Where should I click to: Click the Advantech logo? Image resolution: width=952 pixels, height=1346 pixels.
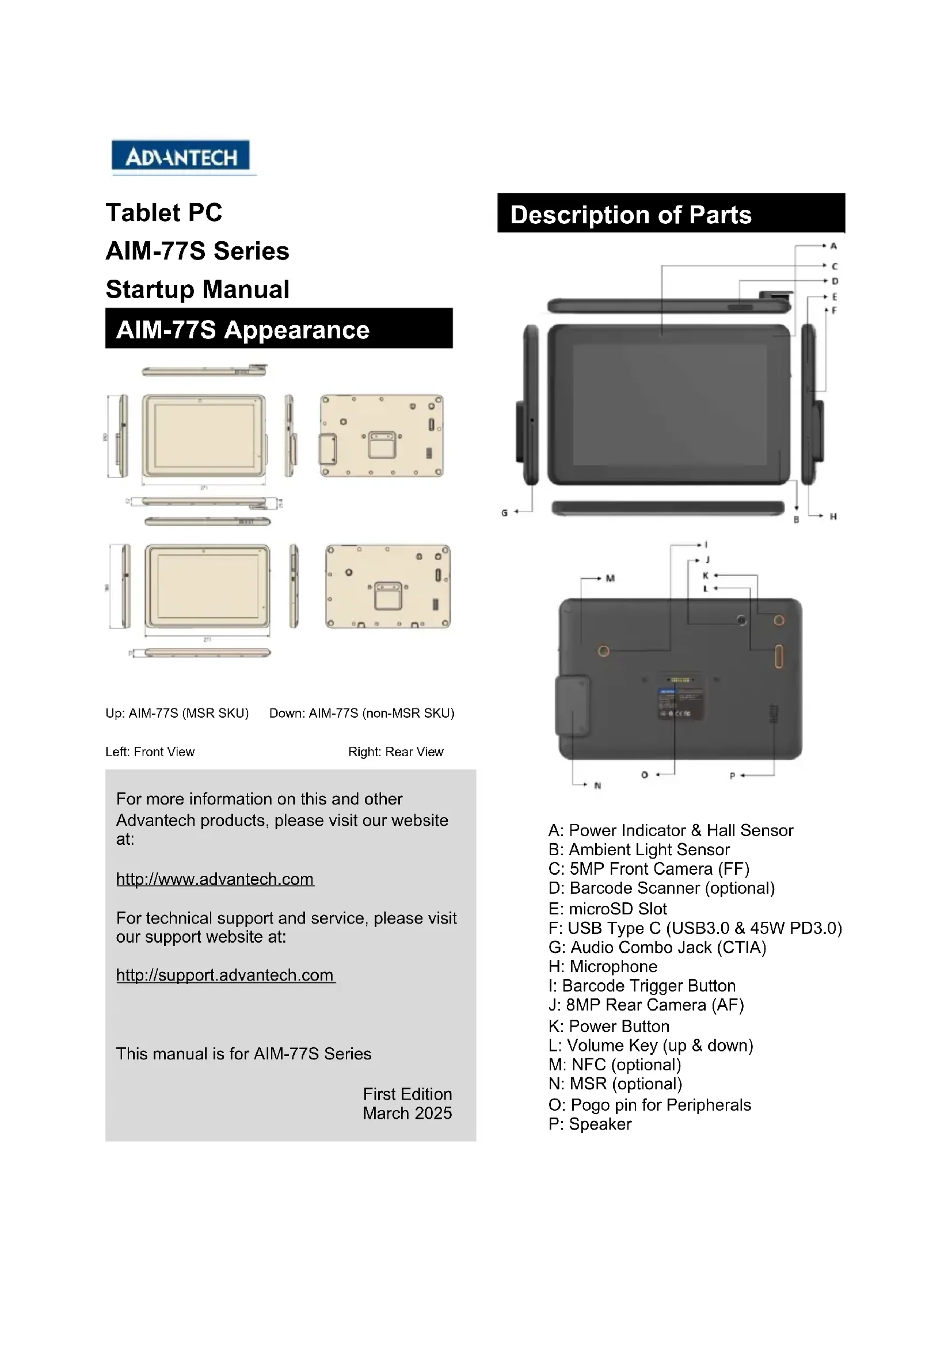coord(181,157)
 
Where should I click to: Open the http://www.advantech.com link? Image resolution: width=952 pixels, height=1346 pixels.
coord(215,879)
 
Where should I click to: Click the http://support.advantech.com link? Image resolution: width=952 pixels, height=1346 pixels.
coord(225,975)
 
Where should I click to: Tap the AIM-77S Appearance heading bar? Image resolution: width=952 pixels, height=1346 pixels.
coord(279,330)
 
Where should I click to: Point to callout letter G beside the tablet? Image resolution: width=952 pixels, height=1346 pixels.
coord(504,512)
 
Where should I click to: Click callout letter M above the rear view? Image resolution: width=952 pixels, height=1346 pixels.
coord(610,578)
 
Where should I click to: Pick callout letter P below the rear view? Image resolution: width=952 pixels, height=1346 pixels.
coord(732,776)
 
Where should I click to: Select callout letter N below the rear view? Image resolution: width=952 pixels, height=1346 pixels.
coord(597,786)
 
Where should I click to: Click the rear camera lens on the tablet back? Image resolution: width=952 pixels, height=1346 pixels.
coord(741,620)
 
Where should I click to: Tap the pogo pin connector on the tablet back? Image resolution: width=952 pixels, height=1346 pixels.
coord(680,680)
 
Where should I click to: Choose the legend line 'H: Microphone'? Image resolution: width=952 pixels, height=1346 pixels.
coord(603,966)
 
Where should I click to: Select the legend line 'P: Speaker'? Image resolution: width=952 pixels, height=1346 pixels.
coord(590,1124)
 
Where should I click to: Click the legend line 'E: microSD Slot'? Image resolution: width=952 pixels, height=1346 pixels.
coord(607,909)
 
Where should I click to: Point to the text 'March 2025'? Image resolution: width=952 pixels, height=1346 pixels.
coord(408,1114)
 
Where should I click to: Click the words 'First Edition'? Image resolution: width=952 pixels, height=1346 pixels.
coord(408,1094)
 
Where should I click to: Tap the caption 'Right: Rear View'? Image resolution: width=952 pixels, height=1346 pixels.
coord(395,752)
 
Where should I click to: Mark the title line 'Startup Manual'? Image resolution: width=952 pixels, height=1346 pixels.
coord(197,289)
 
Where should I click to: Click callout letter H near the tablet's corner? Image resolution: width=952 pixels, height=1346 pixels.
coord(833,516)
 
